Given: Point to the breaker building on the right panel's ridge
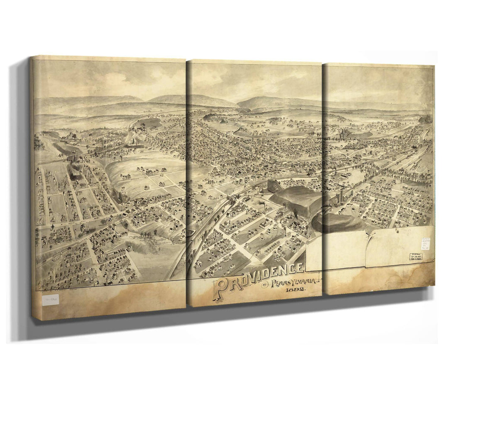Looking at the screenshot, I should pos(343,135).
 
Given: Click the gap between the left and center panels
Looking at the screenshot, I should pos(187,182).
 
